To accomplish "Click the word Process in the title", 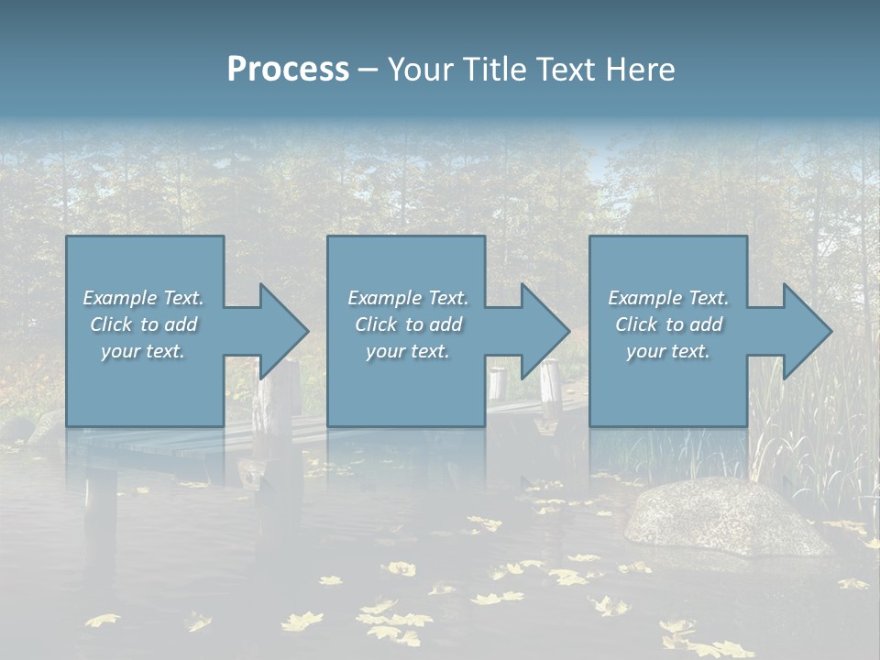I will click(x=288, y=70).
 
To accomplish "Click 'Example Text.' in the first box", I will click(x=143, y=298).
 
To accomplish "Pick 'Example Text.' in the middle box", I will click(x=407, y=298).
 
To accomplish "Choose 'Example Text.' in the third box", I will click(x=668, y=298).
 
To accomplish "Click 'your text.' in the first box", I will click(x=143, y=351).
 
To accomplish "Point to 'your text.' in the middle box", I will click(x=407, y=351).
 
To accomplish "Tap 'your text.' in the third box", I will click(x=668, y=351).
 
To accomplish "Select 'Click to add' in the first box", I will click(x=143, y=324).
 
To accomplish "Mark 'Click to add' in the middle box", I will click(x=407, y=324).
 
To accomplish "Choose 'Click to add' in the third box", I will click(x=668, y=324).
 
